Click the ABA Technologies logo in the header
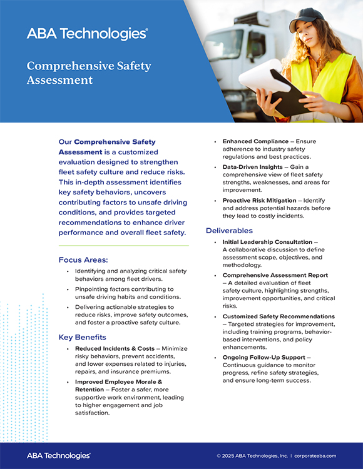click(87, 34)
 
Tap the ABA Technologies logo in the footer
click(59, 456)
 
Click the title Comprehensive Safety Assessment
click(89, 73)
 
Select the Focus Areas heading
click(83, 260)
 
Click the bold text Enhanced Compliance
click(255, 141)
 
